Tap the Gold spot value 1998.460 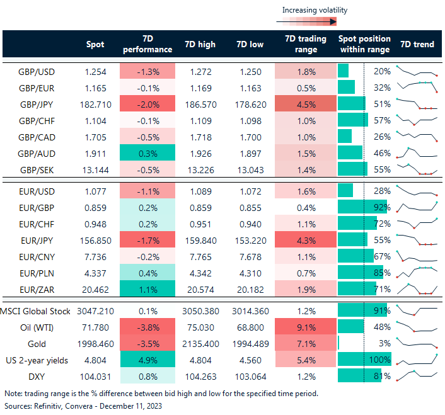[x=95, y=343]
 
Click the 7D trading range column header [x=305, y=44]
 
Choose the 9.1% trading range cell [x=305, y=327]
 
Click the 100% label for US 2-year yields [x=380, y=360]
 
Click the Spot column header [x=95, y=44]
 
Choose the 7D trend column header [x=417, y=44]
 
